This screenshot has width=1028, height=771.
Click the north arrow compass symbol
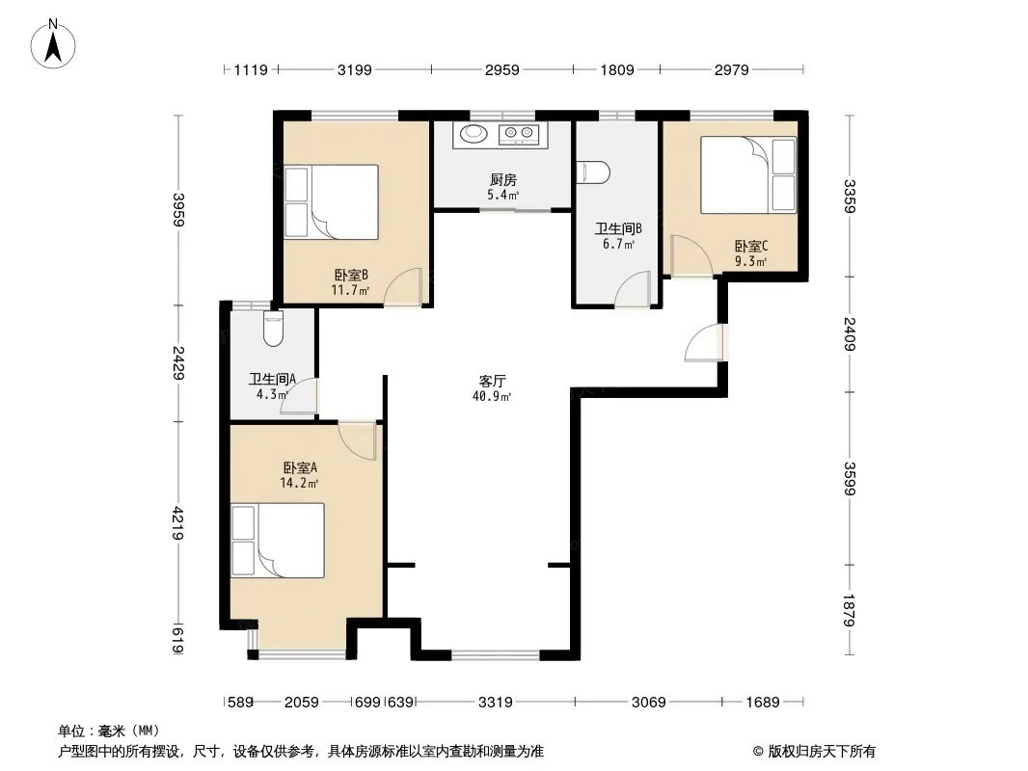pyautogui.click(x=53, y=44)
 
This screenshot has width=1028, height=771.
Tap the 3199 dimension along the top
pyautogui.click(x=355, y=69)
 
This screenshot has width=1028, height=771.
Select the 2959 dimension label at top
pyautogui.click(x=502, y=69)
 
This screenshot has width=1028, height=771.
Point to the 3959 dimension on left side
pyautogui.click(x=177, y=210)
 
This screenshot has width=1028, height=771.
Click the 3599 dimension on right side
pyautogui.click(x=850, y=478)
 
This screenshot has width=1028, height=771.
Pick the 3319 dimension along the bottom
pyautogui.click(x=495, y=703)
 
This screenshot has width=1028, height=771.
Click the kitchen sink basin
pyautogui.click(x=473, y=134)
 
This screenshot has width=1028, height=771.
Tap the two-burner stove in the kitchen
pyautogui.click(x=519, y=134)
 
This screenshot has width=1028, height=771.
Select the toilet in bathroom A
pyautogui.click(x=273, y=330)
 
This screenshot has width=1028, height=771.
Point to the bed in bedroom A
pyautogui.click(x=278, y=541)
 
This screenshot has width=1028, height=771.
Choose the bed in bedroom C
pyautogui.click(x=748, y=174)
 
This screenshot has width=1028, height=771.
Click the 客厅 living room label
pyautogui.click(x=493, y=382)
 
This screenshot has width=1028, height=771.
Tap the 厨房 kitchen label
pyautogui.click(x=503, y=179)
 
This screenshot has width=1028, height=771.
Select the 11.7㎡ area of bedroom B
pyautogui.click(x=350, y=290)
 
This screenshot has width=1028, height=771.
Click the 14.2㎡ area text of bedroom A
pyautogui.click(x=299, y=484)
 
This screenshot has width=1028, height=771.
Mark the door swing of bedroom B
pyautogui.click(x=402, y=287)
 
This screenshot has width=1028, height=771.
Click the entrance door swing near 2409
pyautogui.click(x=707, y=343)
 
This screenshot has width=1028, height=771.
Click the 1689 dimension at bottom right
pyautogui.click(x=763, y=703)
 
